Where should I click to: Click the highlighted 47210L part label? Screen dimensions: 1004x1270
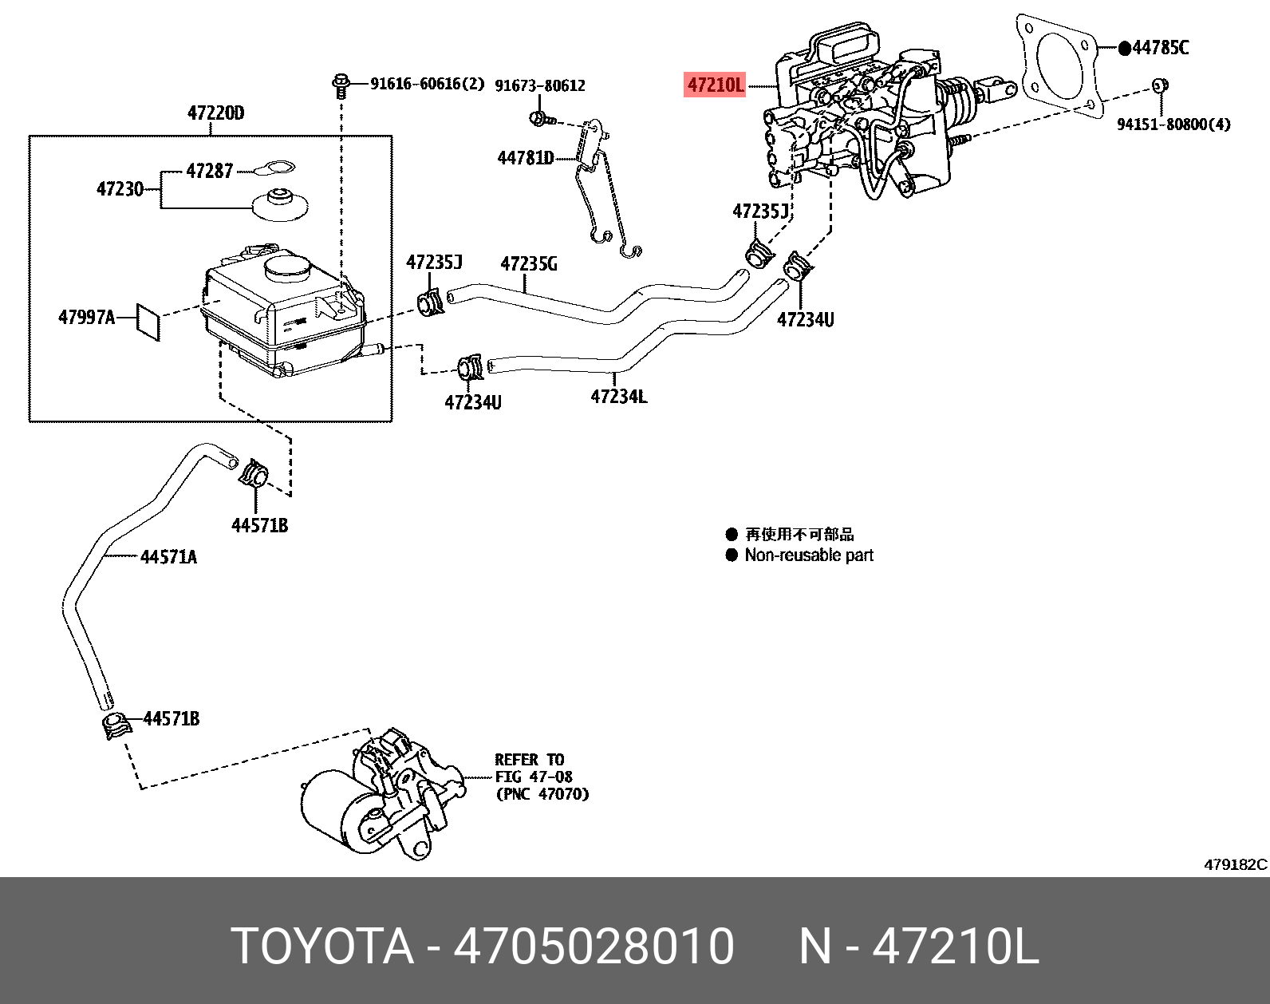[716, 85]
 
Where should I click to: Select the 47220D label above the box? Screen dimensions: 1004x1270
[215, 113]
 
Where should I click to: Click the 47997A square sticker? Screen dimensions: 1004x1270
[148, 320]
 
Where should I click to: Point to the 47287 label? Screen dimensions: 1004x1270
[209, 171]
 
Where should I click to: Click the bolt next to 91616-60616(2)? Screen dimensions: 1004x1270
[341, 84]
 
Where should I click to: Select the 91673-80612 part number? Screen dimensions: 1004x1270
[540, 85]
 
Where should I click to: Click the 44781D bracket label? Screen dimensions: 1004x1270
[525, 158]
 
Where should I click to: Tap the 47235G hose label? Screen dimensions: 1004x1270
[529, 263]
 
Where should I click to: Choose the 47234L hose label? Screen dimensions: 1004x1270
[618, 396]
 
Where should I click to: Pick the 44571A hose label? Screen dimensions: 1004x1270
[168, 557]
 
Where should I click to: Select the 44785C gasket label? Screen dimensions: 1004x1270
[1160, 48]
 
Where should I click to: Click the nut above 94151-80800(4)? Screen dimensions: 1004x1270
[1161, 85]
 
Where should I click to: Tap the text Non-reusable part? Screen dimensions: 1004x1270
[808, 555]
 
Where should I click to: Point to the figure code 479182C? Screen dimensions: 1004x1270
[1235, 864]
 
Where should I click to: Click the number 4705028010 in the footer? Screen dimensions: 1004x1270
[594, 947]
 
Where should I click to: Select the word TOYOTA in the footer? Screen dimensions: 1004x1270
[322, 947]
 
